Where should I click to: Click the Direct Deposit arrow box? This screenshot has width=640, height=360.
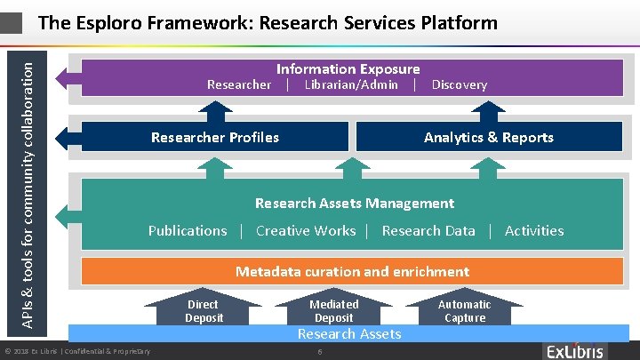[204, 311]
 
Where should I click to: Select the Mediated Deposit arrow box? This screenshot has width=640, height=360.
[334, 311]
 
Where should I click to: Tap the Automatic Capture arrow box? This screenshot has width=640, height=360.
[464, 311]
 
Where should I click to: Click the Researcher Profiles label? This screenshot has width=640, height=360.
[215, 137]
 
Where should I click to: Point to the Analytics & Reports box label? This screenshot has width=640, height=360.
[488, 137]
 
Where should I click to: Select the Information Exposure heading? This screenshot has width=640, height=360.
[348, 68]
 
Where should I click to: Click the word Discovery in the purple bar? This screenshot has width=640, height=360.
[459, 84]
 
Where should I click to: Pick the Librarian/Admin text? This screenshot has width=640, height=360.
[351, 84]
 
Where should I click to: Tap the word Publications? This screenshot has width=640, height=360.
[188, 230]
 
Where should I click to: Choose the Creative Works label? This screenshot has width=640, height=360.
[305, 230]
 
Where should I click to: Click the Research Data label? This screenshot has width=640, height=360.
[428, 230]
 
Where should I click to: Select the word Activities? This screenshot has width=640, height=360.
[534, 230]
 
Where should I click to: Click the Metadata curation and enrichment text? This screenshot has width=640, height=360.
[352, 271]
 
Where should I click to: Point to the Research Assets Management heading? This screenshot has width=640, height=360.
[354, 204]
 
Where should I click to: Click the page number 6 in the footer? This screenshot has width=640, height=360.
[319, 352]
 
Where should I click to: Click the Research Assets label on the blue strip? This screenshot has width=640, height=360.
[349, 333]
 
